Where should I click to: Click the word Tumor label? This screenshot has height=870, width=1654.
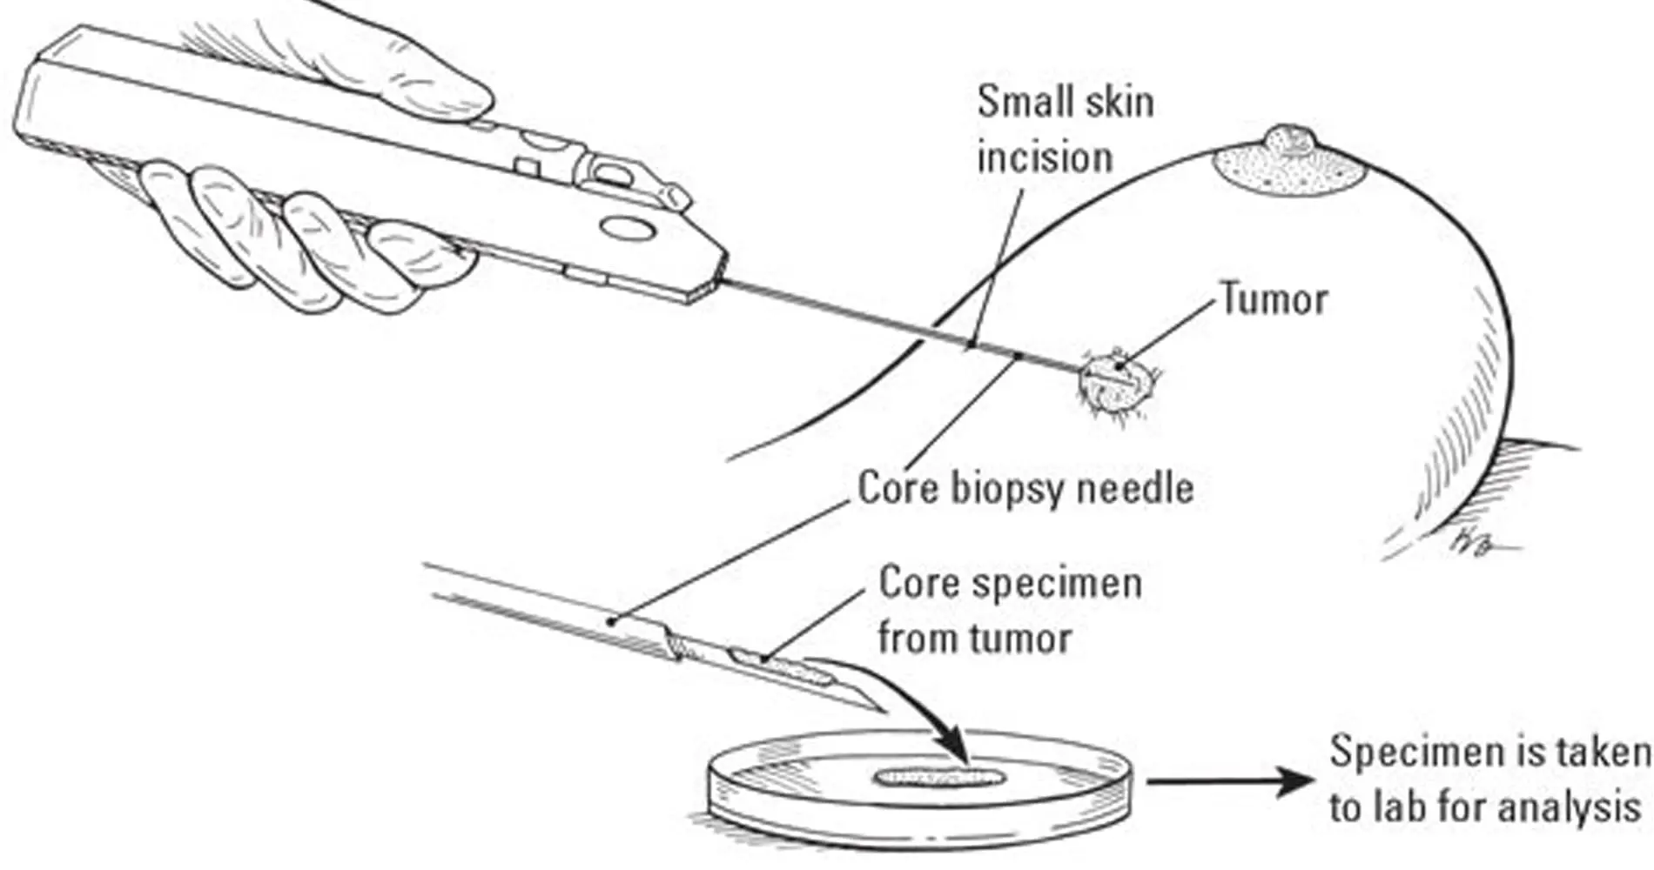(1274, 299)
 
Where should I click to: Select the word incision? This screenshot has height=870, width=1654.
(1045, 158)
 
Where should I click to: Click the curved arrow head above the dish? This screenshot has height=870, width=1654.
(962, 748)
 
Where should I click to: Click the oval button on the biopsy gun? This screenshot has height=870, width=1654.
(628, 228)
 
